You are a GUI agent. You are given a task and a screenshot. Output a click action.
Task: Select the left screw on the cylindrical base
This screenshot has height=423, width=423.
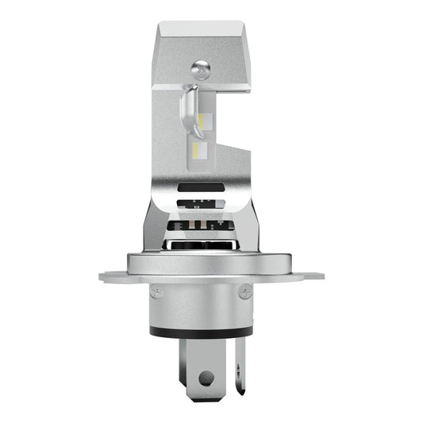pyautogui.click(x=156, y=293)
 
